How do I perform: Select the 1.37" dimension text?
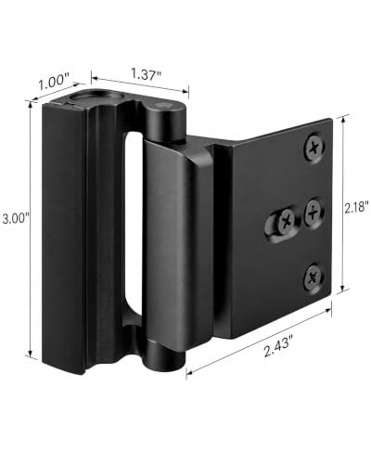[147, 74]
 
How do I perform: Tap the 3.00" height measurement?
[15, 219]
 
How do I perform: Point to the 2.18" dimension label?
[357, 208]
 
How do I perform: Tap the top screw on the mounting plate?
[314, 148]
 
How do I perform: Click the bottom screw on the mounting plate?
[313, 276]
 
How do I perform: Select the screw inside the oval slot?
[287, 221]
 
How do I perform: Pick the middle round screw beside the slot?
[314, 213]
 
